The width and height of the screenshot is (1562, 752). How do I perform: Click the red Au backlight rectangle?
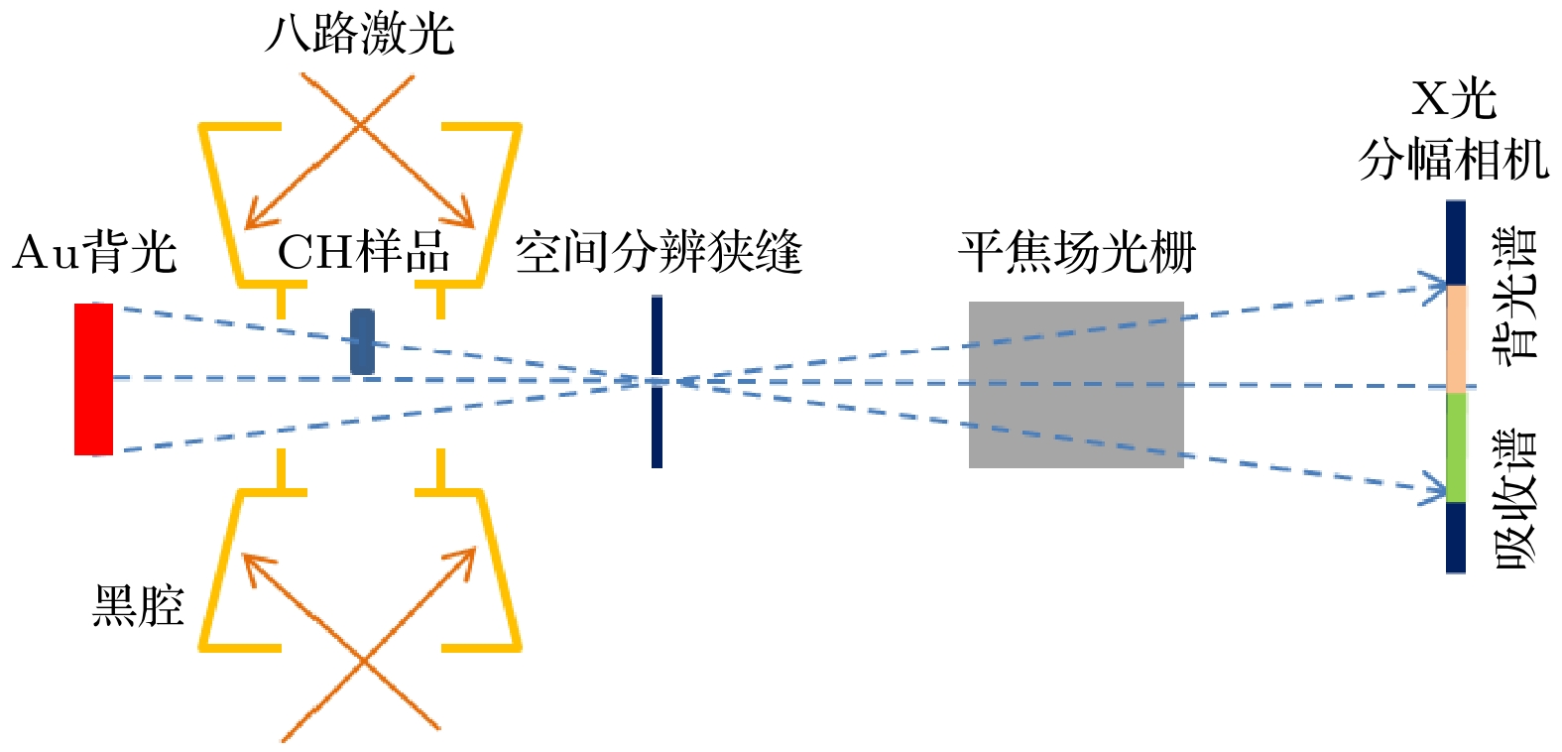93,379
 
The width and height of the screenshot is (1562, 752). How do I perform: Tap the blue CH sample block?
362,342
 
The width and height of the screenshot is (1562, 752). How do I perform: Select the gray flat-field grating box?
1076,384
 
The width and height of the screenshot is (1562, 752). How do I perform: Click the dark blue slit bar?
657,382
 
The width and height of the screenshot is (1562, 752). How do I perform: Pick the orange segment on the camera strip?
1456,338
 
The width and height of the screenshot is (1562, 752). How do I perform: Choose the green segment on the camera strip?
1456,447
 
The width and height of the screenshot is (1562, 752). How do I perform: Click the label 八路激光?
360,34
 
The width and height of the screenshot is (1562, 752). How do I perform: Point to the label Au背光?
95,252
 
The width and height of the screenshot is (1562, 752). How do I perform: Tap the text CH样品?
363,252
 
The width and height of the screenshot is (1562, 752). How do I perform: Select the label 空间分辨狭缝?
659,252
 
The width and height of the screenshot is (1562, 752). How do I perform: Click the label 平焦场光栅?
1077,252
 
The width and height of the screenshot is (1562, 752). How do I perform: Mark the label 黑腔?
138,605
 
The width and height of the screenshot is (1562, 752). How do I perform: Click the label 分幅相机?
1454,160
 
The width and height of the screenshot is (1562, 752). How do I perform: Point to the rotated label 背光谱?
1514,297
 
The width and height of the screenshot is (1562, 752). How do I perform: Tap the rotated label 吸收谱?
1514,501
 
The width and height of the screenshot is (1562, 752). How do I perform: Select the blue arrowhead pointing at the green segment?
1434,490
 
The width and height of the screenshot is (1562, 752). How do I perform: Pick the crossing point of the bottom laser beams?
363,659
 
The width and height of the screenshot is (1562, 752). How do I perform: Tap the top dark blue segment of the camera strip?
1455,242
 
